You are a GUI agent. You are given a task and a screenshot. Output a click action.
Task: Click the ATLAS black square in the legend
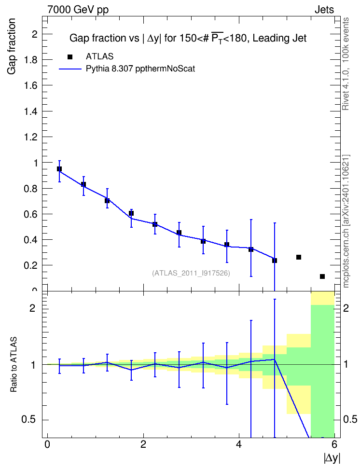click(70, 57)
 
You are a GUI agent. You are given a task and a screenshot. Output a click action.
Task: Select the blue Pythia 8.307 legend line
click(70, 69)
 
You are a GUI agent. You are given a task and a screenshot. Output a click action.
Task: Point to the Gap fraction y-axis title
click(12, 46)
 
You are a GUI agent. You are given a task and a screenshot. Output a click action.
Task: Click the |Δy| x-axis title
click(332, 458)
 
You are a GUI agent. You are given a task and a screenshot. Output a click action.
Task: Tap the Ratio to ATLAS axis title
click(14, 364)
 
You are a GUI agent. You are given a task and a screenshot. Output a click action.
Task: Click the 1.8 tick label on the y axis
click(31, 59)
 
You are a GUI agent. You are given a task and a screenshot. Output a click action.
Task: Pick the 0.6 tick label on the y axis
click(31, 214)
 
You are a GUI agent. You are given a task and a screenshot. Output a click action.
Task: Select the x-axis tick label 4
click(239, 444)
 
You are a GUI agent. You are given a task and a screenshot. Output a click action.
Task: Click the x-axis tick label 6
click(334, 444)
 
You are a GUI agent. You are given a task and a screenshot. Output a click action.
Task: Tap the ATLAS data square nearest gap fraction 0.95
click(59, 169)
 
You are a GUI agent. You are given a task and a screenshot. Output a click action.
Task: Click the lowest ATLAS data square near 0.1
click(322, 276)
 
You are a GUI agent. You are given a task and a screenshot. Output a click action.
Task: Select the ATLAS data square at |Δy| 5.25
click(299, 257)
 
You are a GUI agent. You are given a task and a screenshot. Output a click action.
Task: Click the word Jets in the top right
click(324, 10)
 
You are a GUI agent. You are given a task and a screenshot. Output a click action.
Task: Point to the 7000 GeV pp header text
click(78, 10)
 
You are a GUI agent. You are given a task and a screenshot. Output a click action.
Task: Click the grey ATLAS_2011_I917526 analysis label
click(191, 273)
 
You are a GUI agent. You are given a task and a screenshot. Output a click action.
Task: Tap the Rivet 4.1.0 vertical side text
click(346, 64)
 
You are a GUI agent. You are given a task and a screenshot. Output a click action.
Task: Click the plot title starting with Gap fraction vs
click(188, 38)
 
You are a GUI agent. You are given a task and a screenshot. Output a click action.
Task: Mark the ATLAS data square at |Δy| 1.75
click(131, 213)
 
